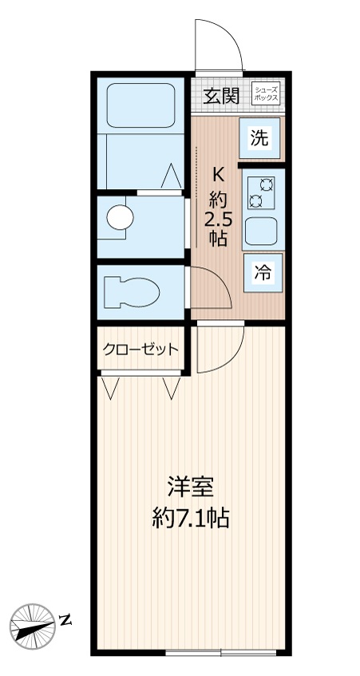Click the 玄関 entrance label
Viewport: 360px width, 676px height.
point(221,96)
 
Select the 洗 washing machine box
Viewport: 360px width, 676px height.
point(260,137)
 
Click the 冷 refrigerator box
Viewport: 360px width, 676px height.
point(261,272)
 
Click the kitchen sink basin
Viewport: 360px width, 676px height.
point(261,231)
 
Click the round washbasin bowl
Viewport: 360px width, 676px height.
point(121,217)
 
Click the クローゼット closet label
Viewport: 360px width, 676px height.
point(140,349)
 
